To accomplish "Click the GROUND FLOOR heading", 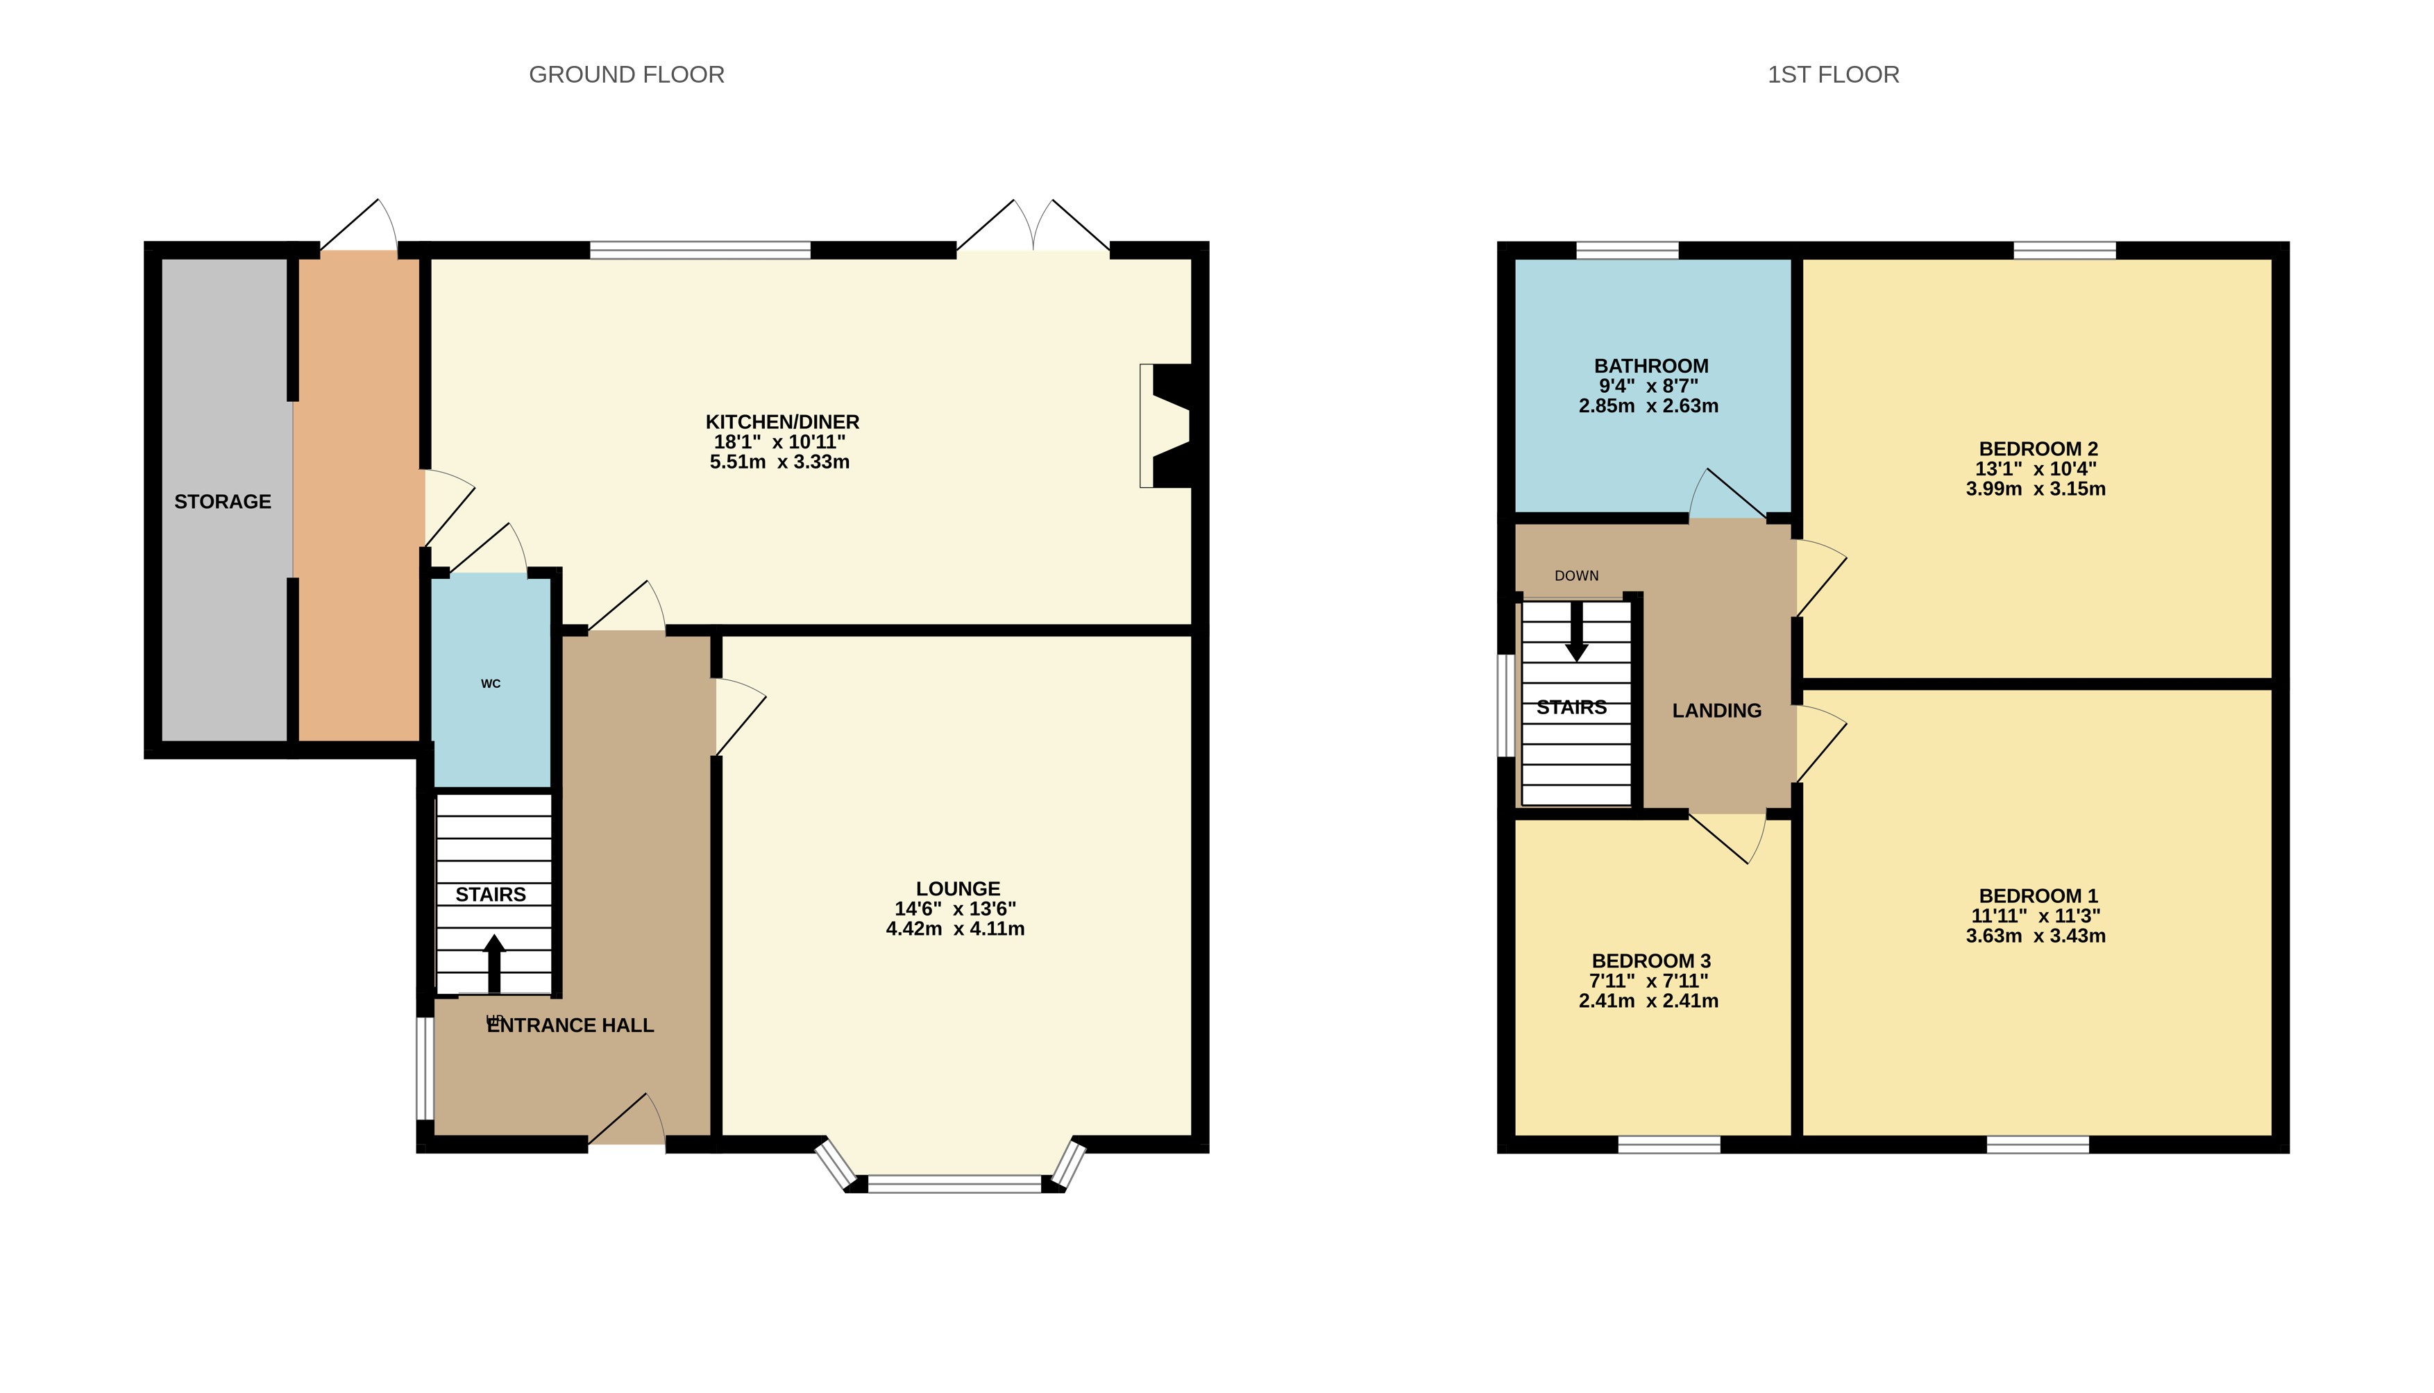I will tap(627, 75).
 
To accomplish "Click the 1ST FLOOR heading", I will tap(1832, 75).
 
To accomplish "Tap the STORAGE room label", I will tap(223, 501).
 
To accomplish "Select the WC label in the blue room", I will tap(491, 683).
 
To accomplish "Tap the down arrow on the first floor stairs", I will tap(1576, 632).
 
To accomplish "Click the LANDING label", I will tap(1717, 711).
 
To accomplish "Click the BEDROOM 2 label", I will tap(2038, 448).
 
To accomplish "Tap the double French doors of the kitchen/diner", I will tap(1033, 228).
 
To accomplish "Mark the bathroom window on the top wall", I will tap(1627, 251).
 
